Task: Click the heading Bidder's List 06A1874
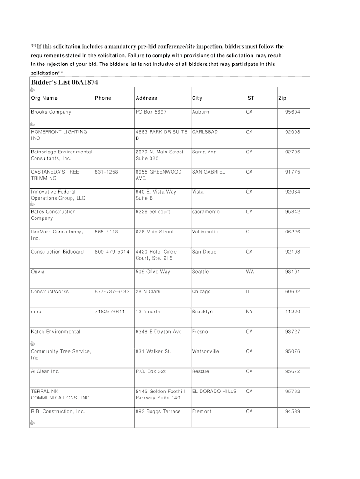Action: pos(65,82)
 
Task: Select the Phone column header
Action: pos(103,98)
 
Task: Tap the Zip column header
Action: pos(282,98)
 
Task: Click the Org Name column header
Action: pos(44,98)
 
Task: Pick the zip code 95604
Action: pos(293,112)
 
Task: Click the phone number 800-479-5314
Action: pos(112,252)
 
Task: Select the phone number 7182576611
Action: pos(110,312)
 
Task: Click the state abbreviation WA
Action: pos(250,272)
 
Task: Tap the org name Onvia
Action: pos(38,272)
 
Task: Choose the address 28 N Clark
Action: pos(148,291)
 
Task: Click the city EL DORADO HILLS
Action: pos(214,391)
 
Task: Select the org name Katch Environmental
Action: pos(56,332)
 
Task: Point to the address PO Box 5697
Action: pos(151,112)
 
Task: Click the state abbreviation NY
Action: pos(249,312)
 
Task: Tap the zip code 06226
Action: pos(293,232)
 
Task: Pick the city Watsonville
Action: pos(205,351)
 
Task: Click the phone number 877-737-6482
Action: pos(112,291)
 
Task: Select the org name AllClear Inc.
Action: pos(45,371)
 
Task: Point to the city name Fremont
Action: pos(202,411)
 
